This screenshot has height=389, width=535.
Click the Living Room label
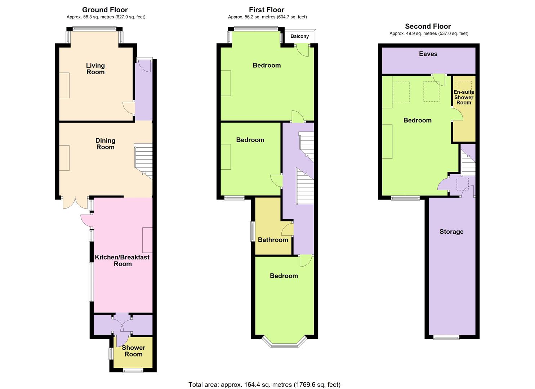pyautogui.click(x=95, y=68)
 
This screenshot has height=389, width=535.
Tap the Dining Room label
pyautogui.click(x=105, y=144)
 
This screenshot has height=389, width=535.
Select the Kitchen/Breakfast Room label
pyautogui.click(x=122, y=260)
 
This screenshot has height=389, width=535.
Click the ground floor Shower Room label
pyautogui.click(x=133, y=351)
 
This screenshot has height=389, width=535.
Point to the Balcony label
pyautogui.click(x=299, y=36)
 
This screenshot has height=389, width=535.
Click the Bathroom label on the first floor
pyautogui.click(x=273, y=240)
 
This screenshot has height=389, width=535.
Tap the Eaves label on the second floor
pyautogui.click(x=428, y=54)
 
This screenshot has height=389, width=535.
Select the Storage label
pyautogui.click(x=451, y=232)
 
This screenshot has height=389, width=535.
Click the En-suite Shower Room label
pyautogui.click(x=464, y=97)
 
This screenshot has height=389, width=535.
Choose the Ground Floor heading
pyautogui.click(x=105, y=10)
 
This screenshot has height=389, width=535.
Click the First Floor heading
pyautogui.click(x=267, y=10)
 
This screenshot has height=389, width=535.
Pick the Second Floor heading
pyautogui.click(x=428, y=26)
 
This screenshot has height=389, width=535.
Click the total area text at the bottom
pyautogui.click(x=264, y=384)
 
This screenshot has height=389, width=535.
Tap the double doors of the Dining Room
pyautogui.click(x=75, y=203)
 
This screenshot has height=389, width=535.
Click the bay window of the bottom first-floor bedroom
pyautogui.click(x=284, y=343)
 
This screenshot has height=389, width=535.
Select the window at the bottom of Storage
pyautogui.click(x=446, y=337)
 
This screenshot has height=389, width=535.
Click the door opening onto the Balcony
pyautogui.click(x=303, y=50)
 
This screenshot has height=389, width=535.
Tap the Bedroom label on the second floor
pyautogui.click(x=417, y=120)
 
